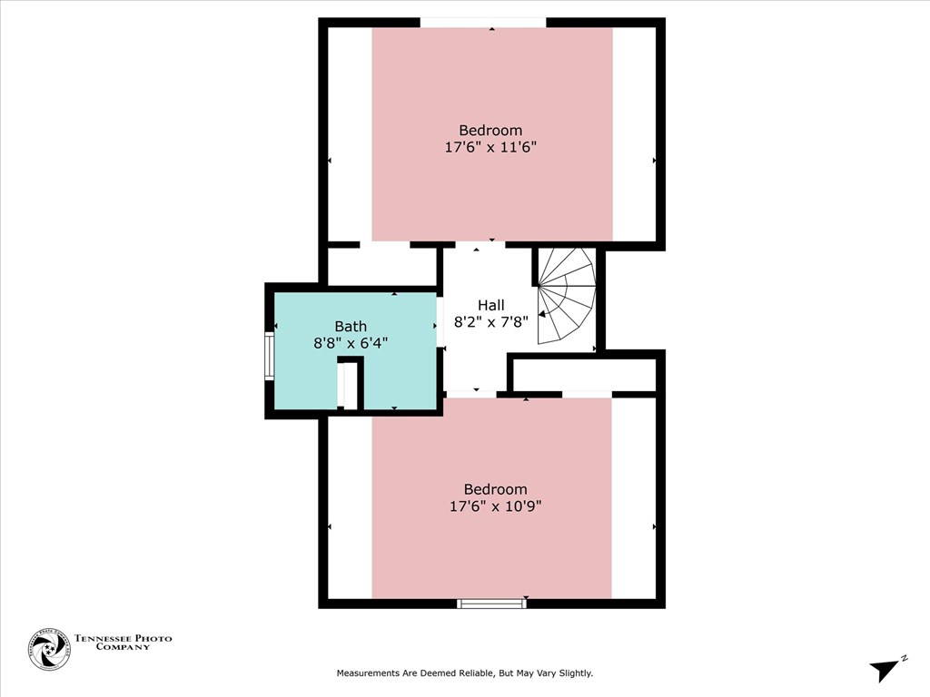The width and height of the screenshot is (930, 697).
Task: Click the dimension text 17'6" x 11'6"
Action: (x=490, y=147)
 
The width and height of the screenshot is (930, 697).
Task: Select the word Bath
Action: (x=351, y=327)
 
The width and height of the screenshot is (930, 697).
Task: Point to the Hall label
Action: (x=491, y=306)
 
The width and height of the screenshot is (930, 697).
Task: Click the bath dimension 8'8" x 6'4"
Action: (x=351, y=343)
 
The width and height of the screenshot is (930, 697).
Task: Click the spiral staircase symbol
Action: (x=566, y=297)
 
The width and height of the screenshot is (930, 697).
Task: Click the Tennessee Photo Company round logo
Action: (x=49, y=649)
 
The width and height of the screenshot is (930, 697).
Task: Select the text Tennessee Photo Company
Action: (x=123, y=643)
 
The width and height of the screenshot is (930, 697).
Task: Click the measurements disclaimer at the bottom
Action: (x=464, y=673)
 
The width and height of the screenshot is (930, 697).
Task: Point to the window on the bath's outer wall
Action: (x=269, y=355)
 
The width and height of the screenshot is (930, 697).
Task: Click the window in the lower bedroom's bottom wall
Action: (x=491, y=603)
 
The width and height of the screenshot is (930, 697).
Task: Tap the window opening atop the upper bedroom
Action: (x=482, y=23)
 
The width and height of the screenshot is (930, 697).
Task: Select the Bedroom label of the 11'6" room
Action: (x=490, y=131)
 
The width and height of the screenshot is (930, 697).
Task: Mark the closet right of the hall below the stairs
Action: (x=584, y=374)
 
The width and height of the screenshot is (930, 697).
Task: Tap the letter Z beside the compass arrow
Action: (x=905, y=658)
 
